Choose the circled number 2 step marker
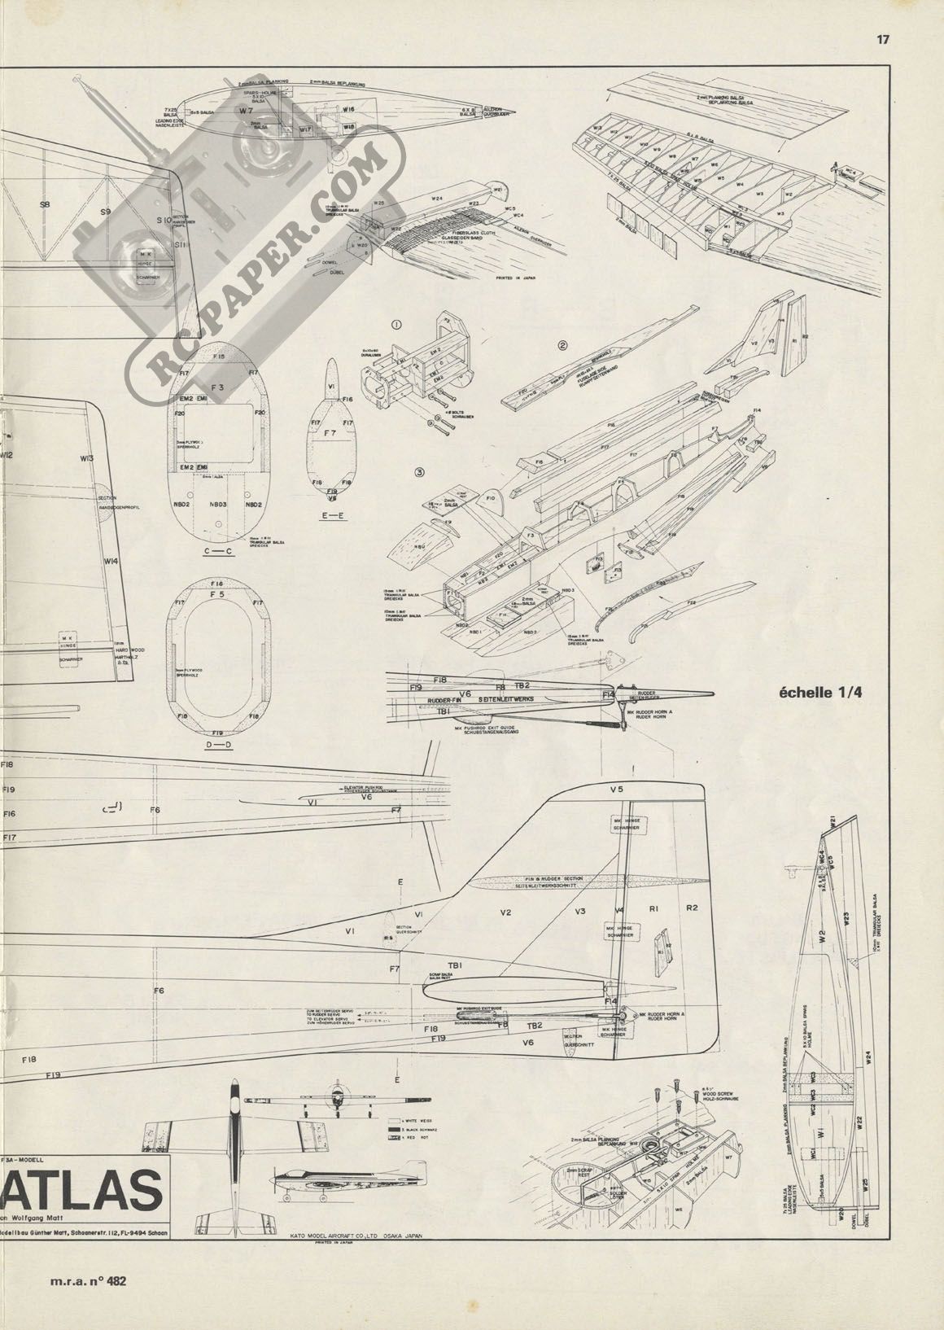[x=562, y=344]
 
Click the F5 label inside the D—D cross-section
[x=216, y=595]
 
